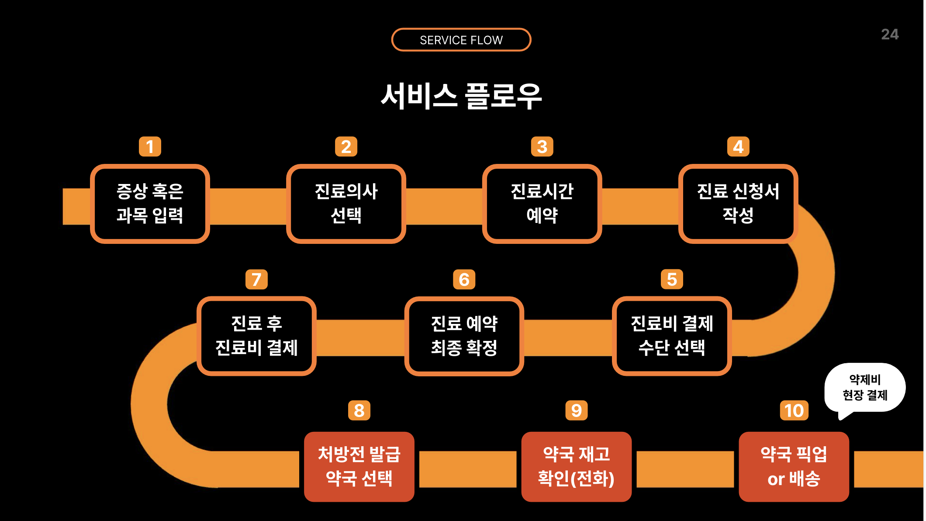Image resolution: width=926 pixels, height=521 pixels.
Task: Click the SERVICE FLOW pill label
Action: [461, 40]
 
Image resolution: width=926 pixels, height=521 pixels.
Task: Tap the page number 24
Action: [889, 34]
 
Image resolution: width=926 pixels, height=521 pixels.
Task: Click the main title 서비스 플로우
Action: [461, 96]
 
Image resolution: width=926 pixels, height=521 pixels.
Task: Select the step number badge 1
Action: [150, 146]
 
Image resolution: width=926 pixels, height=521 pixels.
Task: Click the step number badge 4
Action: [738, 146]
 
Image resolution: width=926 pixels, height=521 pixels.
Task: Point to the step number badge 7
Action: [256, 279]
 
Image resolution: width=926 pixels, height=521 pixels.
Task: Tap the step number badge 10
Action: [794, 410]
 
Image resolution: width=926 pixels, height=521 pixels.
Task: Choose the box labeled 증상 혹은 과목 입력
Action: [150, 204]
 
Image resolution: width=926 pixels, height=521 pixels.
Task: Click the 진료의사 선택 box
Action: [346, 204]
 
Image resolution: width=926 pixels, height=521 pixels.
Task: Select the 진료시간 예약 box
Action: [542, 204]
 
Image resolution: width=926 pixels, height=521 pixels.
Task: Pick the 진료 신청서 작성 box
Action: [738, 204]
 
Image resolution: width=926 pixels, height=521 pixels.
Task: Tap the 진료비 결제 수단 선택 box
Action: [672, 336]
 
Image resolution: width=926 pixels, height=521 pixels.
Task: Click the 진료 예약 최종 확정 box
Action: [464, 336]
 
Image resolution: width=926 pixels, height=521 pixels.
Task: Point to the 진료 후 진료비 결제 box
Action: [256, 336]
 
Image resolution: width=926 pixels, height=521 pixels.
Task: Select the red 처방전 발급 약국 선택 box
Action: [359, 466]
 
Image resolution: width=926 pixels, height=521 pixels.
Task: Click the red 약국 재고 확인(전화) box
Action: [576, 466]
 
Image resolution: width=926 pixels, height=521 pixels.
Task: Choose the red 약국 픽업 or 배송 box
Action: [794, 466]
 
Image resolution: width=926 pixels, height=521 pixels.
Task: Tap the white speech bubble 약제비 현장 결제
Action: [865, 387]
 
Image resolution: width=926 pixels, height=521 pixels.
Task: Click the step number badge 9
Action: [576, 410]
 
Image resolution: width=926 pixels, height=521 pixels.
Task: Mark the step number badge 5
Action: [672, 279]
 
